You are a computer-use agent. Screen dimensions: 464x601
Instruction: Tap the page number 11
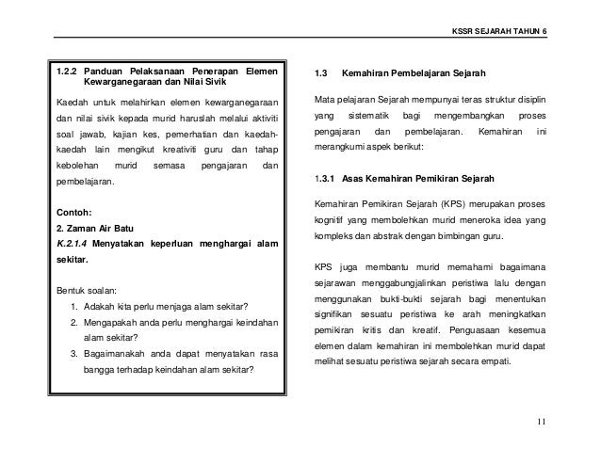pos(541,421)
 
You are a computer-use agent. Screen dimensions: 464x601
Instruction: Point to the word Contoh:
pos(76,211)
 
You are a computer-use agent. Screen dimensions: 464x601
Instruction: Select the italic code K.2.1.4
pos(73,244)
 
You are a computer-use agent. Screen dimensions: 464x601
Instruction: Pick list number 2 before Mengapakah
pos(74,322)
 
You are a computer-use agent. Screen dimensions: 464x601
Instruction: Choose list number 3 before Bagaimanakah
pos(74,353)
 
